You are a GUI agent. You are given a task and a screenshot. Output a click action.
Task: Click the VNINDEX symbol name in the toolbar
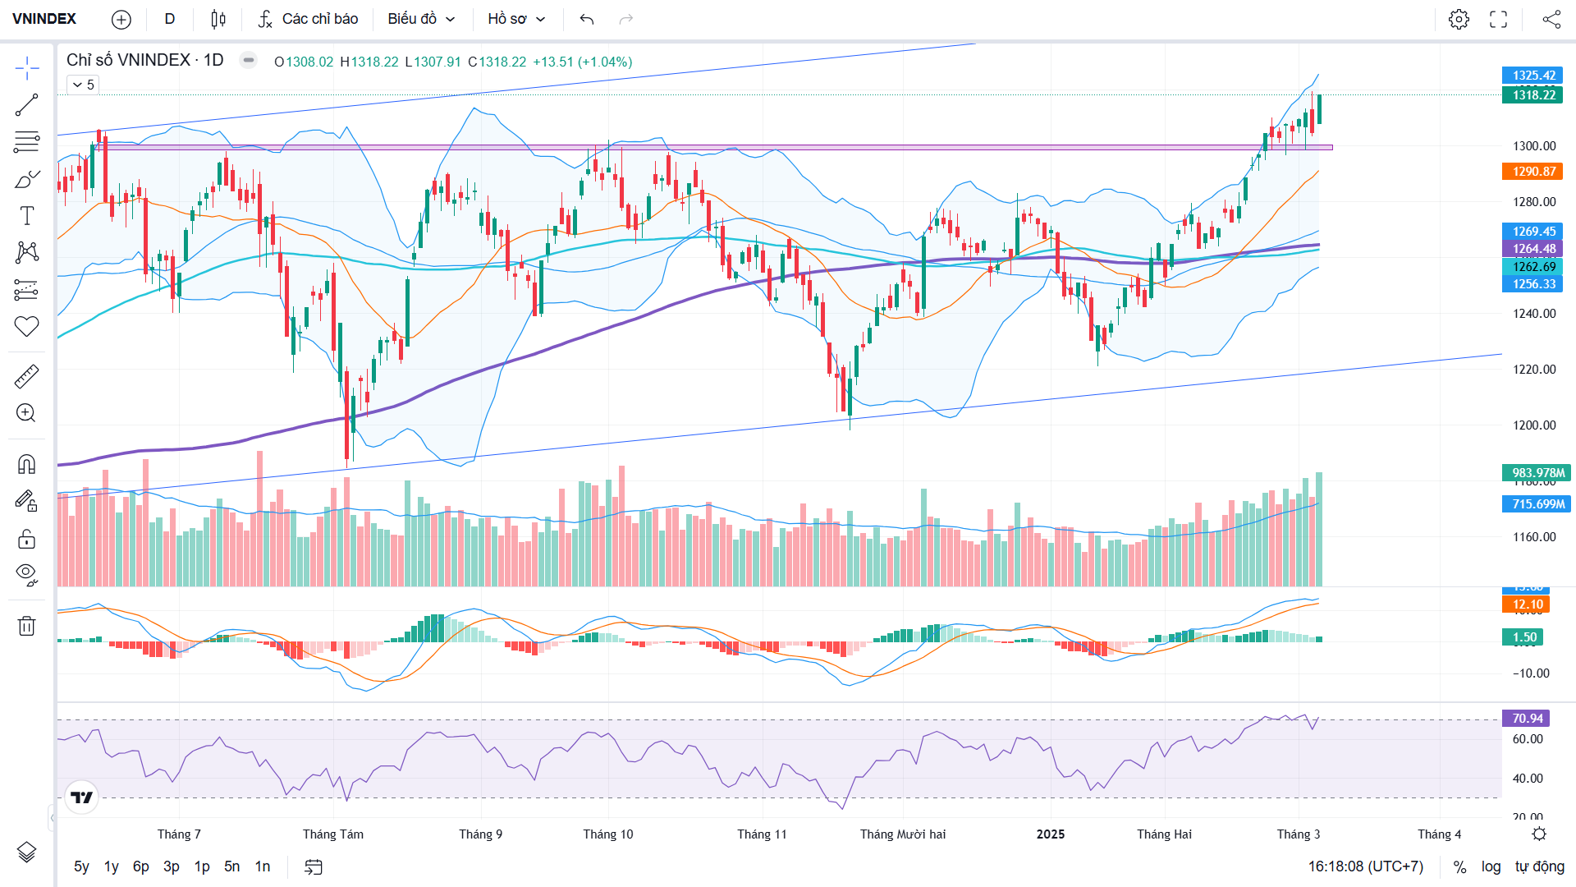[x=44, y=19]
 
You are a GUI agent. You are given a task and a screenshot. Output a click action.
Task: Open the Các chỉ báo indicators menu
[x=309, y=19]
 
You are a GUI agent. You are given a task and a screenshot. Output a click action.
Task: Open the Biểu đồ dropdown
[x=421, y=19]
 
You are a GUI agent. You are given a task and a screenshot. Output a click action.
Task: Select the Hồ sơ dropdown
[x=516, y=19]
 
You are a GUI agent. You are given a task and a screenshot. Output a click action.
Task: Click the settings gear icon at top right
[x=1459, y=19]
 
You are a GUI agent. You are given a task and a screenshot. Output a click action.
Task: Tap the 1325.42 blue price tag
[x=1533, y=76]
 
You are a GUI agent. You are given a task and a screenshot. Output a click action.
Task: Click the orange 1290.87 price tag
[x=1533, y=172]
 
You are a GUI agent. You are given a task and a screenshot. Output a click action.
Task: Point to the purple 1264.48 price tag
[x=1533, y=249]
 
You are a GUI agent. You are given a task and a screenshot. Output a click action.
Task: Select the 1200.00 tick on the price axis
[x=1533, y=425]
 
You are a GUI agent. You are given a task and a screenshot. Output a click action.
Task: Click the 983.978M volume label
[x=1537, y=473]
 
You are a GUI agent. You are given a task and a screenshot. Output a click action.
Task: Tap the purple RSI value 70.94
[x=1527, y=719]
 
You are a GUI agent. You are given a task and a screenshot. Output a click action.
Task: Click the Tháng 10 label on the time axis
[x=608, y=834]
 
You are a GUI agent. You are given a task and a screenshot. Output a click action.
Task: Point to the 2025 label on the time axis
[x=1050, y=834]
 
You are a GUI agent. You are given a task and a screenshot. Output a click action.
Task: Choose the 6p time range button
[x=141, y=866]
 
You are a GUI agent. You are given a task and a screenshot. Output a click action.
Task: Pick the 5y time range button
[x=81, y=866]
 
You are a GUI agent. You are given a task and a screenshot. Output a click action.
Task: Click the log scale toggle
[x=1491, y=866]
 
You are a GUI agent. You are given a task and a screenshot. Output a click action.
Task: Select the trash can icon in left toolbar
[x=26, y=626]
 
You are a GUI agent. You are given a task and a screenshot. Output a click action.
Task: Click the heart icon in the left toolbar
[x=26, y=326]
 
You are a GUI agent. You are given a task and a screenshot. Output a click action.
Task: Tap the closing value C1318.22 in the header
[x=497, y=62]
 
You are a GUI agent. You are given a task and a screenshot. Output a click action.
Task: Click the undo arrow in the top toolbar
[x=586, y=19]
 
